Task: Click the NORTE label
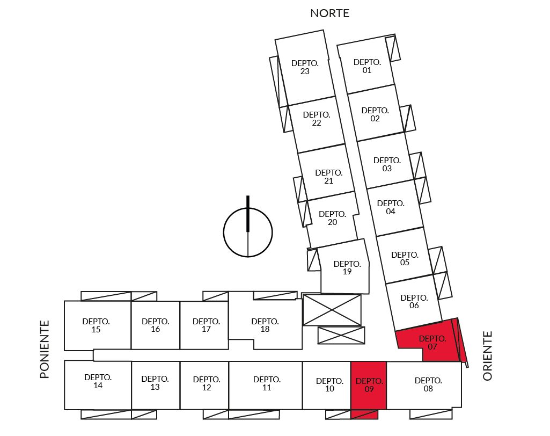pos(329,13)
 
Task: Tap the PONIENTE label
pos(45,350)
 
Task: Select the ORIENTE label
pos(488,355)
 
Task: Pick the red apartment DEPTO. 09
pos(369,386)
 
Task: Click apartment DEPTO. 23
pos(304,68)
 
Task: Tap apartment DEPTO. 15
pos(97,325)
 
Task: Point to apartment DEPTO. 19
pos(346,267)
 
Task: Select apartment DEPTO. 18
pos(266,325)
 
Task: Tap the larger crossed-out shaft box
pos(332,310)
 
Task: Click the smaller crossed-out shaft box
pos(341,335)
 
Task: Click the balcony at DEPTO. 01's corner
pos(393,48)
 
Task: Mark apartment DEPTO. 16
pos(156,325)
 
